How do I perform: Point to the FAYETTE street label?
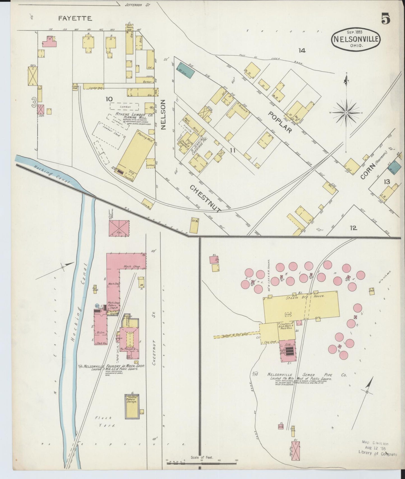tap(75, 18)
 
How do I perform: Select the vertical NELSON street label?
tap(164, 115)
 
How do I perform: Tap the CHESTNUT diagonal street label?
tap(206, 199)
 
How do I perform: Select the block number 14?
tap(302, 50)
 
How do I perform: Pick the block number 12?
tap(353, 228)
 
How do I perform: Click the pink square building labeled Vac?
tap(119, 228)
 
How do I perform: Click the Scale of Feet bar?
tap(202, 463)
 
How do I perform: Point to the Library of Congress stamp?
tap(378, 452)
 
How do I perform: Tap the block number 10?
tap(109, 99)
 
